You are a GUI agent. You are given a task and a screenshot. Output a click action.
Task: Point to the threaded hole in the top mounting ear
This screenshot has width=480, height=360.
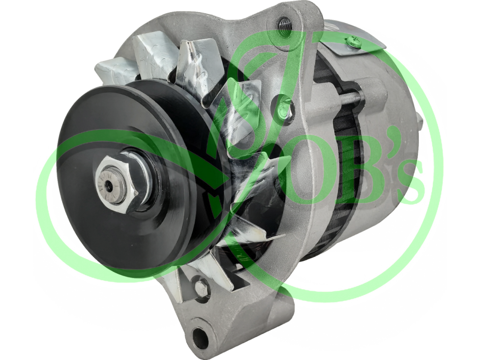[x=284, y=23]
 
